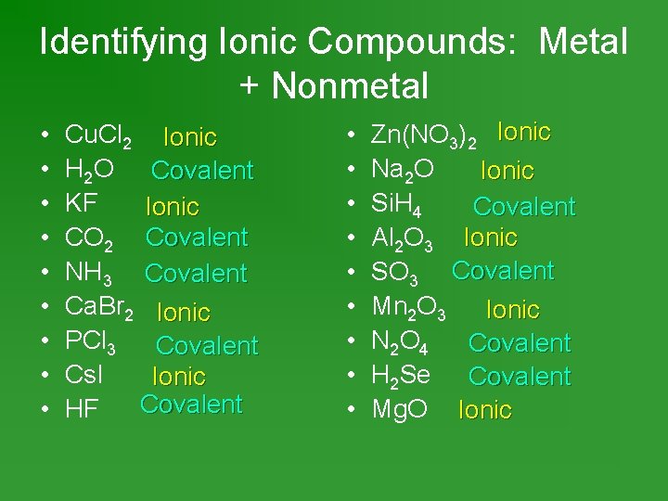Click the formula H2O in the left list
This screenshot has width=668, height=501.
[x=90, y=171]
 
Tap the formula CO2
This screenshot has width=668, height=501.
[x=90, y=238]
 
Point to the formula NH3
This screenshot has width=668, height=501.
[x=90, y=274]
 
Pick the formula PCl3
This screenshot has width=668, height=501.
[x=91, y=342]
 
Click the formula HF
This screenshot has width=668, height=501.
[x=82, y=409]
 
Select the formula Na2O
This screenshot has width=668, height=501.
[x=400, y=171]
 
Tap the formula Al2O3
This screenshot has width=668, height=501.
[x=402, y=238]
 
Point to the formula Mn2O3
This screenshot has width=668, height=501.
[x=409, y=308]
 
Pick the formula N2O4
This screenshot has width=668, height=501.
[x=400, y=342]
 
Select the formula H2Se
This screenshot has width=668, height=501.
[x=401, y=376]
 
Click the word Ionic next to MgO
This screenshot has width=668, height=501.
[x=485, y=409]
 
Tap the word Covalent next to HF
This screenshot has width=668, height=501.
[x=191, y=404]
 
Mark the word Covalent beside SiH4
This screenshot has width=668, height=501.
[x=524, y=205]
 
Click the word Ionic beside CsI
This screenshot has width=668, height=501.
[x=179, y=377]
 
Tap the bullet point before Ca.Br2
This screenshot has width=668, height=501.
[x=45, y=308]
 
